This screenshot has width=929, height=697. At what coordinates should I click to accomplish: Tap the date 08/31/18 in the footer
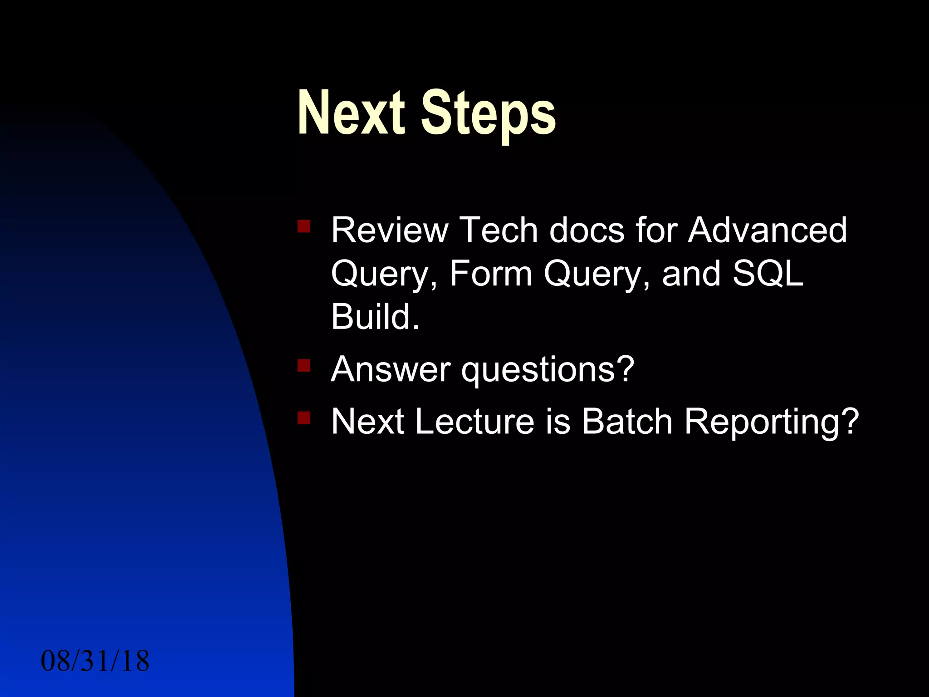(95, 661)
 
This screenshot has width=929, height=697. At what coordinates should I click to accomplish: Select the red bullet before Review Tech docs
(304, 226)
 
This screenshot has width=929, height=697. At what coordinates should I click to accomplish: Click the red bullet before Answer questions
(304, 365)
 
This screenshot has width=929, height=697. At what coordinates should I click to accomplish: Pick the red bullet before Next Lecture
(304, 417)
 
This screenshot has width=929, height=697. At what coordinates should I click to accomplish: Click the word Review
(389, 231)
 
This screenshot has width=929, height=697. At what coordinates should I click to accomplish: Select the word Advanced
(767, 231)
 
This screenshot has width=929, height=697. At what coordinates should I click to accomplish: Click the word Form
(490, 274)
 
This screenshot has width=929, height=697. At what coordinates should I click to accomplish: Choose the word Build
(375, 317)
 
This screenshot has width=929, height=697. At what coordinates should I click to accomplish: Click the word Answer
(391, 370)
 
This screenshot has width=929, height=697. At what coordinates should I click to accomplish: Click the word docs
(587, 231)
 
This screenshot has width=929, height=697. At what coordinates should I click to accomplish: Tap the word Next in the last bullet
(367, 422)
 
